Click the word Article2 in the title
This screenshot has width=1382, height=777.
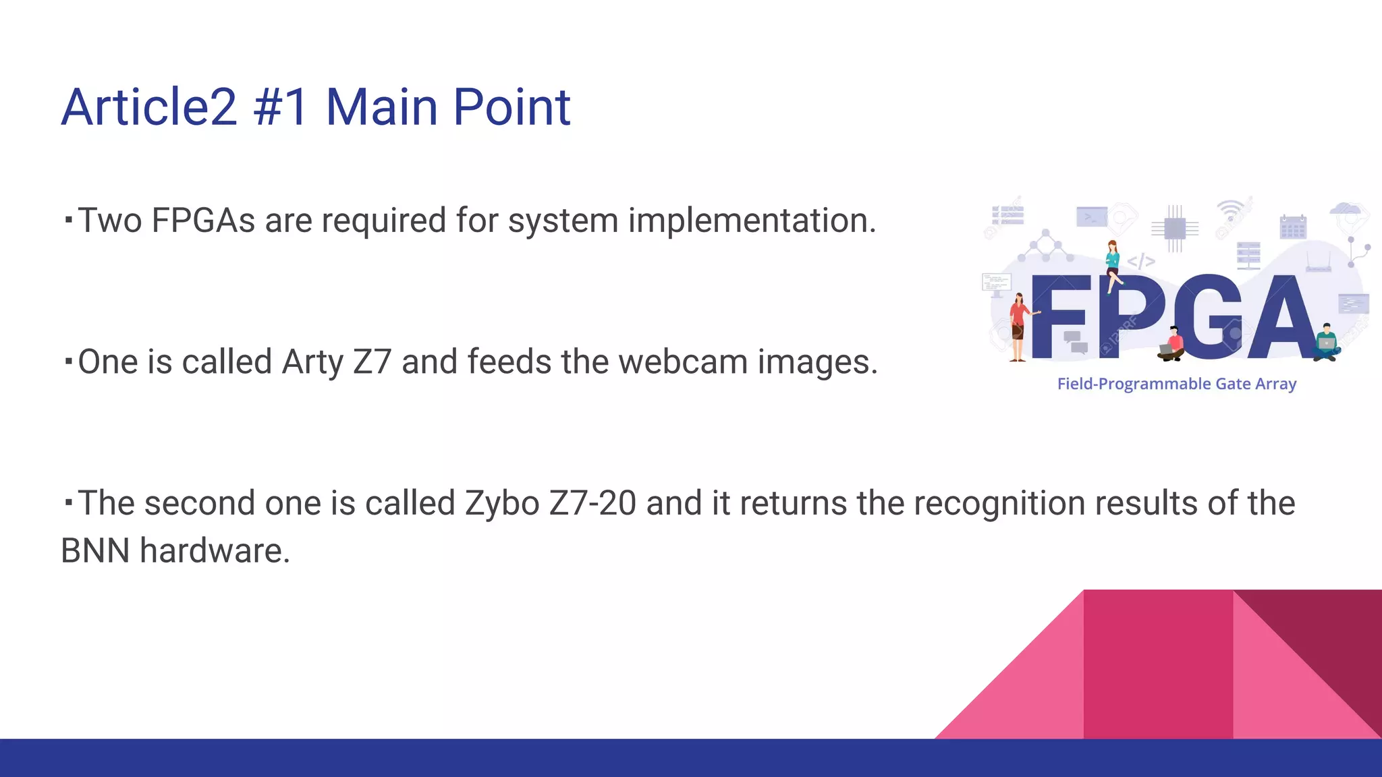tap(149, 107)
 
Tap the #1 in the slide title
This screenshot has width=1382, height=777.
tap(281, 107)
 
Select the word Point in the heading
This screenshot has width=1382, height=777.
tap(512, 107)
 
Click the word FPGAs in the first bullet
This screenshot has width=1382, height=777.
tap(203, 221)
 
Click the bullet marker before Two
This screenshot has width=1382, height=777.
tap(68, 219)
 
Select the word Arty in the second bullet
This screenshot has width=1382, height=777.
tap(312, 362)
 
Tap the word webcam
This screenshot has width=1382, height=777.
tap(683, 362)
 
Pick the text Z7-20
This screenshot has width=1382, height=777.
tap(592, 504)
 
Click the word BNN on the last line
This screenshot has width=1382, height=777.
tap(95, 551)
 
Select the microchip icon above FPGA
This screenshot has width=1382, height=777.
tap(1175, 229)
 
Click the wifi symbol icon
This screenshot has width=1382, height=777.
tap(1230, 210)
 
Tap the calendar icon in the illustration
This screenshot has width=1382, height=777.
tap(1293, 227)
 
